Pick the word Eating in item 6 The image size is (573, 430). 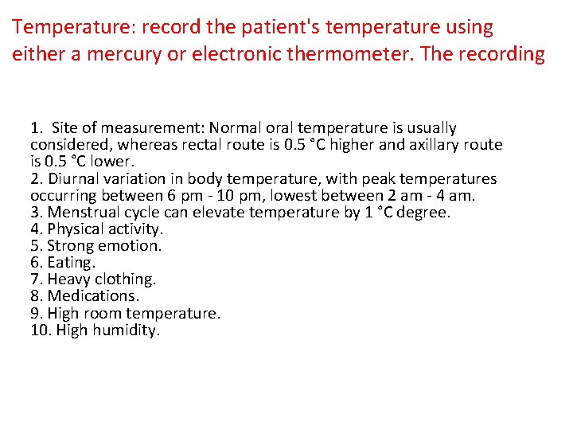pos(71,263)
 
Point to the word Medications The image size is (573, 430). pos(93,296)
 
